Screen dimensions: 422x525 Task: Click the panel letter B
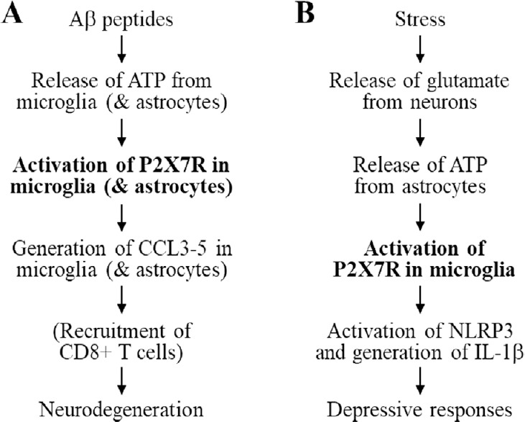[x=307, y=15]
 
